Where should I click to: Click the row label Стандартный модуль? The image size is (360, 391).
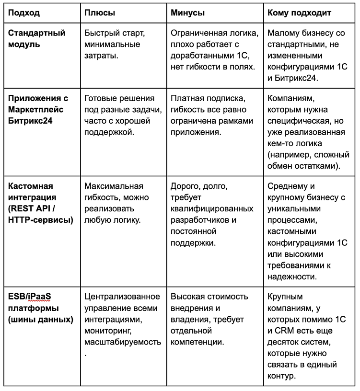(x=37, y=39)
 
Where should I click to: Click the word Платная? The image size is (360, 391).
(x=189, y=99)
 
